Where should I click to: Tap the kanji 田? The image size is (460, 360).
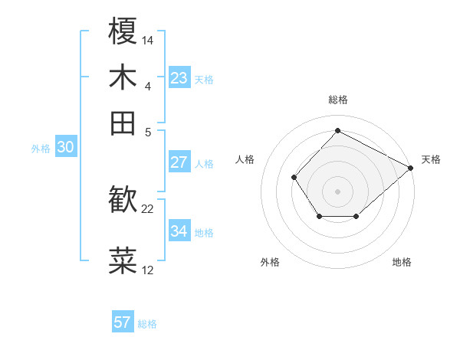tap(123, 123)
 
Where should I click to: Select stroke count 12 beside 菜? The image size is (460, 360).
tap(148, 270)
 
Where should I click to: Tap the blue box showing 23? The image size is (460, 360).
tap(179, 78)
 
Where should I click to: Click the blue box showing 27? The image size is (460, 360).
tap(179, 162)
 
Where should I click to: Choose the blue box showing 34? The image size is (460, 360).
tap(179, 231)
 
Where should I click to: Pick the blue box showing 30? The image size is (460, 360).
tap(65, 148)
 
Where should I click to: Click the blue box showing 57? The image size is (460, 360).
tap(123, 322)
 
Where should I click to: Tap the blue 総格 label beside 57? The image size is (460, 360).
tap(147, 324)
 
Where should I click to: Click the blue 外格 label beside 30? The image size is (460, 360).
tap(41, 149)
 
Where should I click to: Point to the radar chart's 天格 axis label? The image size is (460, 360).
tap(431, 159)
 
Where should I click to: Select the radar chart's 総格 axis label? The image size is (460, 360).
tap(337, 100)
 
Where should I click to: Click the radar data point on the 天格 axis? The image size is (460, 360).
tap(411, 168)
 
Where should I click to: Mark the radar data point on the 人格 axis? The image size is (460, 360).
tap(294, 178)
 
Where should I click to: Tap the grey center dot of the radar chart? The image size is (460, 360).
tap(337, 191)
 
